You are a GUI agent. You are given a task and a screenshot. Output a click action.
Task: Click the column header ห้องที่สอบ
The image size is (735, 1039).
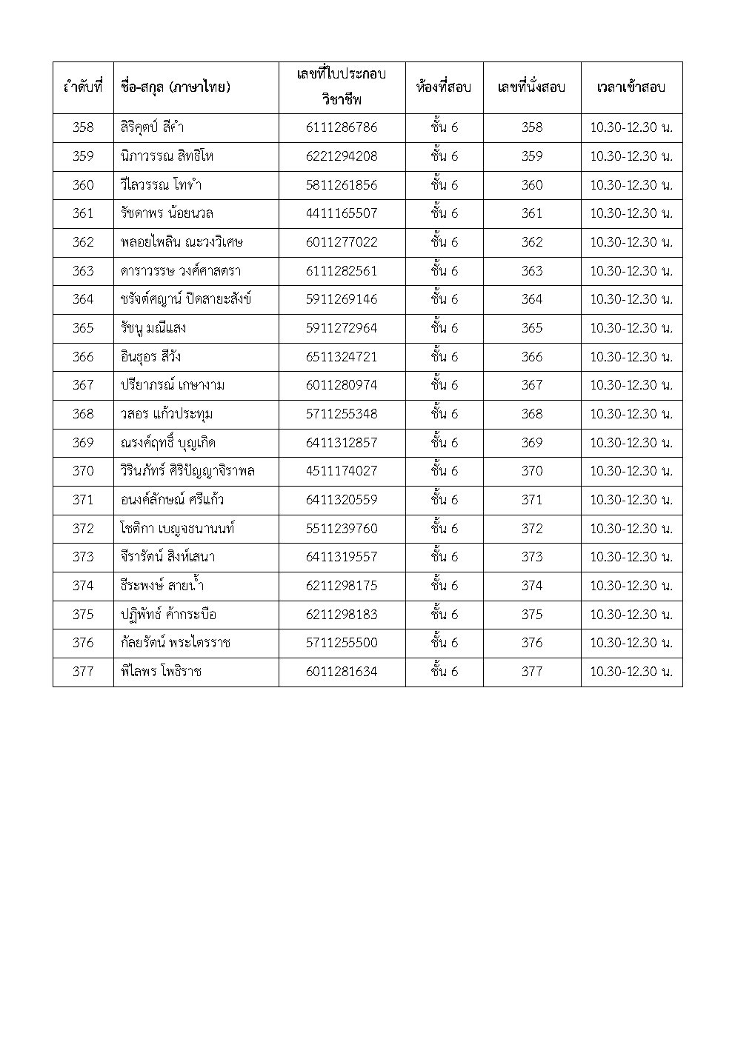[x=444, y=87]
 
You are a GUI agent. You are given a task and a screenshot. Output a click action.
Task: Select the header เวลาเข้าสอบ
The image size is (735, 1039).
[x=631, y=87]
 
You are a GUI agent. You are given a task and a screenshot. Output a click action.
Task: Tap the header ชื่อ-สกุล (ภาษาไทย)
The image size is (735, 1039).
[x=175, y=87]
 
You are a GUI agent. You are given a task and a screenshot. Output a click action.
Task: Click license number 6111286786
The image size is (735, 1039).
[x=341, y=127]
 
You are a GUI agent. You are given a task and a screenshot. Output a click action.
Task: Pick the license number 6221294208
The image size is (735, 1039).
[x=341, y=156]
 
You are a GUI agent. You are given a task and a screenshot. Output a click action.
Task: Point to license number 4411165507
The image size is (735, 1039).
[x=341, y=213]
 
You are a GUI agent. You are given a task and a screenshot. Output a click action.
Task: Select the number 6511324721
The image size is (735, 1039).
[x=341, y=357]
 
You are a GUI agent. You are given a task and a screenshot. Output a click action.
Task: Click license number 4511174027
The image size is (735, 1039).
[x=341, y=471]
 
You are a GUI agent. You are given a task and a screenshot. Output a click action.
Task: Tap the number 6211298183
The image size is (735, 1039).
[x=341, y=615]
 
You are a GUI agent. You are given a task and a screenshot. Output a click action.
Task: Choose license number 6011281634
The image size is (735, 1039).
[x=341, y=672]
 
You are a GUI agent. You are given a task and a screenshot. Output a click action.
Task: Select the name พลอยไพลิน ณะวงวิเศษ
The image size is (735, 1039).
[x=182, y=242]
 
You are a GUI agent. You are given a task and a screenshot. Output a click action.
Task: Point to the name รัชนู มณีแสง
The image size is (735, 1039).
[x=153, y=328]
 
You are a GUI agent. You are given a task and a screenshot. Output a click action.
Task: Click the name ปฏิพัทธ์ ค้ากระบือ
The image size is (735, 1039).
[x=168, y=615]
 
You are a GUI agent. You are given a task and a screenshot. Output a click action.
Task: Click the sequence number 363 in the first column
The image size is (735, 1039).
[x=83, y=271]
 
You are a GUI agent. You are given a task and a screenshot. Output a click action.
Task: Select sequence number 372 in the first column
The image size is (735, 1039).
[x=83, y=529]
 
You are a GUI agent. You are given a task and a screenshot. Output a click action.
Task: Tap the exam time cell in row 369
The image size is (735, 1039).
[x=631, y=443]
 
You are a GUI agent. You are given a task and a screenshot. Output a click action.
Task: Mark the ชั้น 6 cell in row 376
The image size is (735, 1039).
[x=444, y=643]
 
